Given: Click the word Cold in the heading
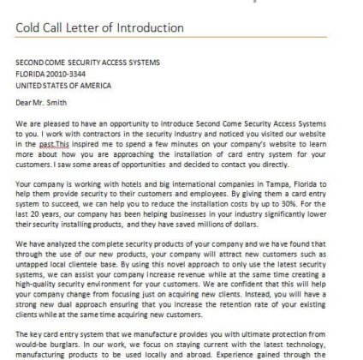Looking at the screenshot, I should (31, 27).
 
